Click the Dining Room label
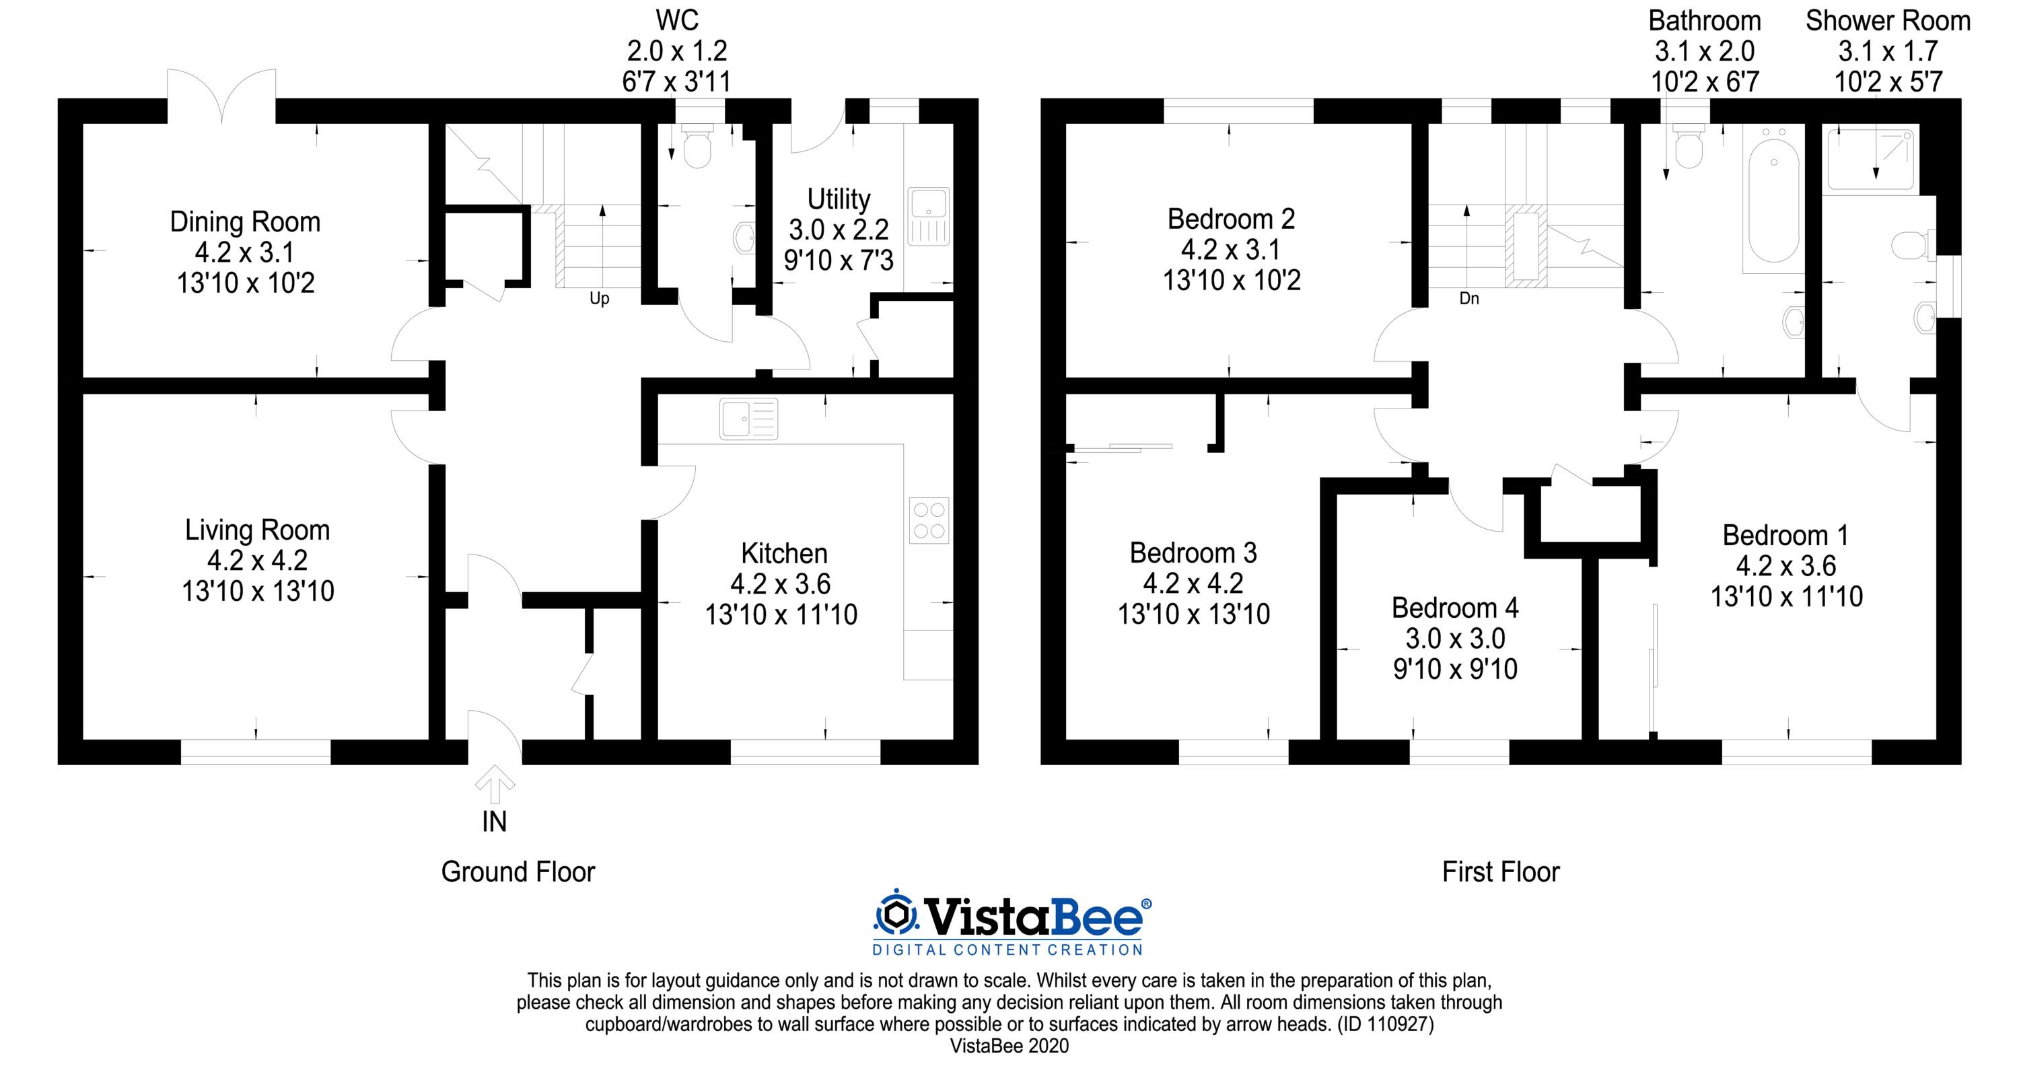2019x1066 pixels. (246, 222)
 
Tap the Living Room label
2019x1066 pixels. (257, 530)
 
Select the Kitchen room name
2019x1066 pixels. (784, 553)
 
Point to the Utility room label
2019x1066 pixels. (839, 199)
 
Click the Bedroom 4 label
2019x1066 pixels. (1454, 608)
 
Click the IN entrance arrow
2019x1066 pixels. (495, 785)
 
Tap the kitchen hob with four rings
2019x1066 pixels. (929, 520)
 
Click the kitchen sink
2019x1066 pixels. (748, 418)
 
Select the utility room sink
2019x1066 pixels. (928, 215)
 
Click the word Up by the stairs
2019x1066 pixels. (599, 299)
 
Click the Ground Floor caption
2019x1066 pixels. (518, 872)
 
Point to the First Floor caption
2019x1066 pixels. (1501, 872)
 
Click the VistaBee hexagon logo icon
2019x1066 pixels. (896, 914)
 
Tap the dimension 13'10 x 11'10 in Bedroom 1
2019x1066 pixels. (1786, 596)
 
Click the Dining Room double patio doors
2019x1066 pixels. (222, 96)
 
